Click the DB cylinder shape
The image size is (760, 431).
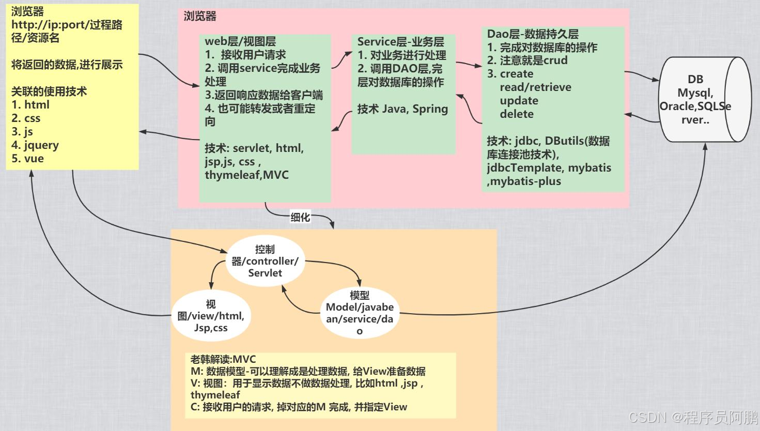[705, 99]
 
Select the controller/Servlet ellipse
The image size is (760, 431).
[265, 261]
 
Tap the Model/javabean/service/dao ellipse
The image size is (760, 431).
[360, 313]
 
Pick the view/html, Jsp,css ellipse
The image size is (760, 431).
[211, 316]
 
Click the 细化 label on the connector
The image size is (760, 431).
[300, 217]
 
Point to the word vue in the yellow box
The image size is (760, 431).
[34, 159]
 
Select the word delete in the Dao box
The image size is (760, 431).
[517, 114]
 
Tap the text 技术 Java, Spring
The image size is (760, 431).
[402, 109]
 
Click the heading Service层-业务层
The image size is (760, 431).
[400, 42]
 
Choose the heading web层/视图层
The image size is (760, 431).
[240, 41]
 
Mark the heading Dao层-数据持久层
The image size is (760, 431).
[533, 34]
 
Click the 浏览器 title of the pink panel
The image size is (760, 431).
[200, 16]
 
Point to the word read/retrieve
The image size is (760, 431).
[535, 87]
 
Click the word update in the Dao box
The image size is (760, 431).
[519, 101]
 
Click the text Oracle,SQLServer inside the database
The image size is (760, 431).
[695, 106]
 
